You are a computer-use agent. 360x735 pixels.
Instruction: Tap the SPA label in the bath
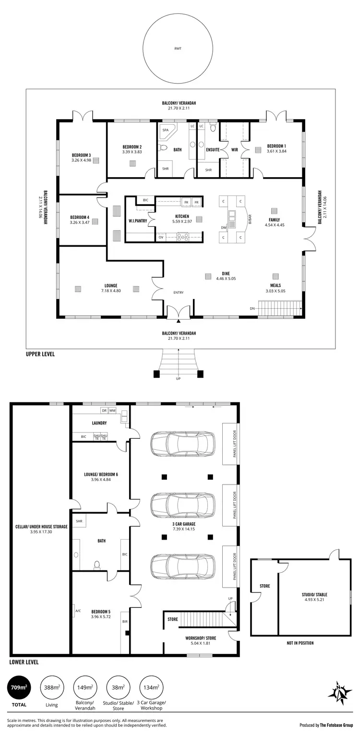(166, 130)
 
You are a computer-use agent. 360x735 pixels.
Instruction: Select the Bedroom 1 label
(276, 146)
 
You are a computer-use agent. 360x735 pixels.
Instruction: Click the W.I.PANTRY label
(137, 221)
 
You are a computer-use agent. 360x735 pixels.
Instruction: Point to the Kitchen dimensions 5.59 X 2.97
(182, 222)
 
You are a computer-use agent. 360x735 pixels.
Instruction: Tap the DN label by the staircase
(252, 308)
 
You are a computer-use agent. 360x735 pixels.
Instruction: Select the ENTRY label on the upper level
(179, 293)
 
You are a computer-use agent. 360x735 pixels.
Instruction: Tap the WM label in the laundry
(112, 410)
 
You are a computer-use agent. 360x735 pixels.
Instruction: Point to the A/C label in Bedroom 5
(78, 611)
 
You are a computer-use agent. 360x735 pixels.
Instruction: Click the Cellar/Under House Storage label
(41, 527)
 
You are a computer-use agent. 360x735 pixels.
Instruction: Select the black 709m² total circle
(19, 687)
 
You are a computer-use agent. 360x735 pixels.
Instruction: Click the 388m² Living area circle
(52, 687)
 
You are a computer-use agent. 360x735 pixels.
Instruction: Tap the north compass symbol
(340, 692)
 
